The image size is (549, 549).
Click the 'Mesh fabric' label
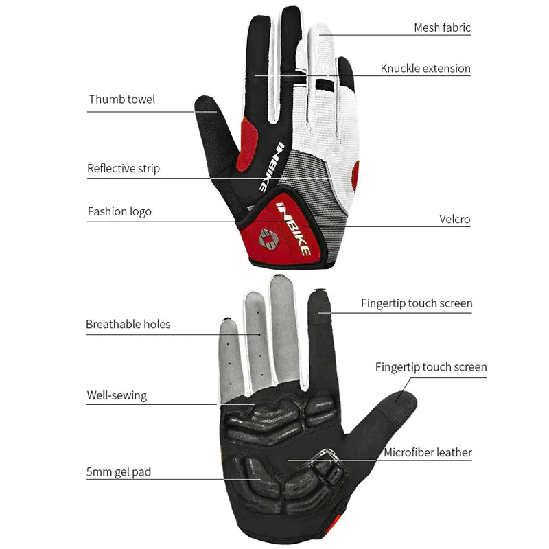(442, 28)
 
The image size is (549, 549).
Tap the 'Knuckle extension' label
(425, 69)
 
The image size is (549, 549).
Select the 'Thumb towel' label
(121, 100)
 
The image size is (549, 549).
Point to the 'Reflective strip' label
(124, 168)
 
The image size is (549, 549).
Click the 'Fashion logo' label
(119, 211)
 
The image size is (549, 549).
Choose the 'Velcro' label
(455, 220)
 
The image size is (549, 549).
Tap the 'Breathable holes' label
(128, 324)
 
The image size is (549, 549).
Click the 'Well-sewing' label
(117, 395)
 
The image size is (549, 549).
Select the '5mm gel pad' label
(119, 471)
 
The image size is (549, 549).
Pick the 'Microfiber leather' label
(428, 452)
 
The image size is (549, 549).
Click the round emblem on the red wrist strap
(267, 241)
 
